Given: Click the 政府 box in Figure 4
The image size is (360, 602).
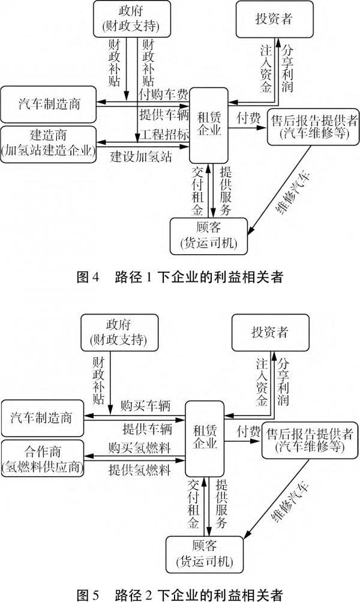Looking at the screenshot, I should coord(129,20).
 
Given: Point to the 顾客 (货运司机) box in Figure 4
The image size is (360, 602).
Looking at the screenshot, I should coord(209,234).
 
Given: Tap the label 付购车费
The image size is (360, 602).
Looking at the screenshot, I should coord(164,94).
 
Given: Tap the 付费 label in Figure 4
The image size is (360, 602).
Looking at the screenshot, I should coord(248,118).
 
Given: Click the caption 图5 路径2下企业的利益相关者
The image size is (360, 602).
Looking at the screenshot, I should coord(179,594).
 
